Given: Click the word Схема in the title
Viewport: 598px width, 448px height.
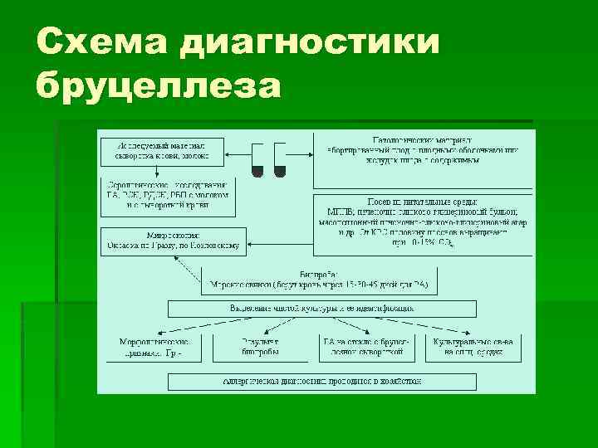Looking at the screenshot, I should (92, 41).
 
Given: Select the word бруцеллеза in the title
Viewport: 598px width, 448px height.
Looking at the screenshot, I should (158, 85).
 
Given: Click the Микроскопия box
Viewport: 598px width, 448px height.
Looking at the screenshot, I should (173, 239).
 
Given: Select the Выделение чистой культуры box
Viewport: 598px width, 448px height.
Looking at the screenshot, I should (322, 309).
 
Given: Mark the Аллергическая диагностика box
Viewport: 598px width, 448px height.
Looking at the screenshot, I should (322, 381).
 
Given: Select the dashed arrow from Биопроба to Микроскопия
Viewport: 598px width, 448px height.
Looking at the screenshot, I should (189, 274).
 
